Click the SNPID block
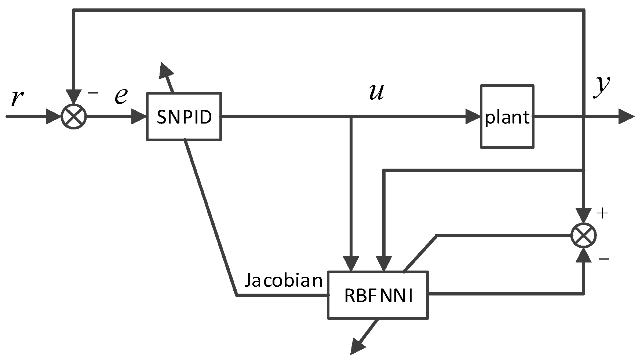[x=184, y=117]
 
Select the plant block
[x=507, y=117]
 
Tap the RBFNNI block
[x=378, y=295]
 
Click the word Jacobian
[x=283, y=281]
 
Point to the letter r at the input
[x=15, y=98]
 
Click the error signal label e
[x=121, y=96]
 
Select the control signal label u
[x=377, y=92]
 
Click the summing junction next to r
[x=74, y=117]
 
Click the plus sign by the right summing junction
[x=603, y=213]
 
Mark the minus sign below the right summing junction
[x=603, y=259]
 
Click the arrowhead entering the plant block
[x=473, y=117]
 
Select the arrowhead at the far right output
[x=627, y=117]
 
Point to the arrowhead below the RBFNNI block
[x=358, y=346]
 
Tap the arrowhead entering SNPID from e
[x=139, y=117]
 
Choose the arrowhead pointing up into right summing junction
[x=584, y=256]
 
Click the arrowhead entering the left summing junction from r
[x=54, y=117]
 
